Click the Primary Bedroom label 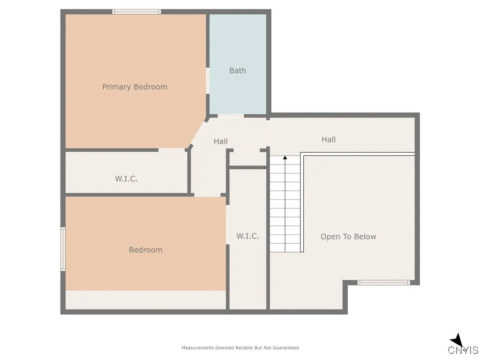(135, 87)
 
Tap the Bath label (238, 71)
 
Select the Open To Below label (348, 237)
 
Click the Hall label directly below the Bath (221, 141)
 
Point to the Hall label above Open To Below (329, 139)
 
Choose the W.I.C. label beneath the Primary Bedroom (127, 179)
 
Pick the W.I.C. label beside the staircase (247, 236)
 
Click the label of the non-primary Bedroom (146, 250)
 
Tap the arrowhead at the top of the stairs (285, 158)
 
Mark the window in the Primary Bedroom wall (136, 12)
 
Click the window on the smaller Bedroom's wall (63, 249)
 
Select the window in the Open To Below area (384, 283)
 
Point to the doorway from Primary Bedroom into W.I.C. (172, 150)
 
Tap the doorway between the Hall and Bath (231, 116)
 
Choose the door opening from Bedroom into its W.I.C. (228, 225)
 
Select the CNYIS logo (462, 345)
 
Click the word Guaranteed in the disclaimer (285, 348)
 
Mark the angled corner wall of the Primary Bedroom (198, 132)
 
